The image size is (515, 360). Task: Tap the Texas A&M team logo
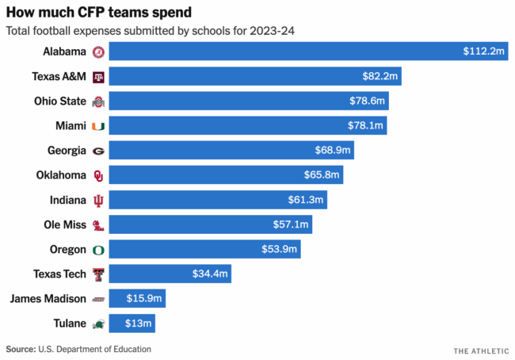[98, 77]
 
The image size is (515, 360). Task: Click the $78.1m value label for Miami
[367, 125]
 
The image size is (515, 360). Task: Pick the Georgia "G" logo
[98, 151]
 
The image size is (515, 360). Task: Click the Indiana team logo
[98, 200]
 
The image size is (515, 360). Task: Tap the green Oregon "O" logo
[98, 250]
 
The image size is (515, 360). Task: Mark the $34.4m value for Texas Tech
[210, 274]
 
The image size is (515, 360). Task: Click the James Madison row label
[48, 299]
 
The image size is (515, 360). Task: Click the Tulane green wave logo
[98, 324]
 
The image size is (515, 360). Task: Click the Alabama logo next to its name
[98, 52]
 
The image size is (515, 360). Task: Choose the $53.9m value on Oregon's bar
[280, 250]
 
